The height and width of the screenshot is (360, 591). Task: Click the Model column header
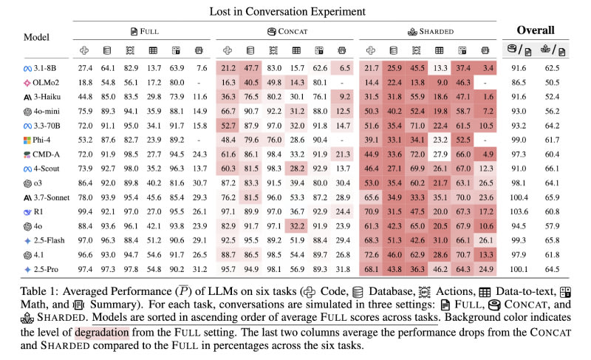click(35, 36)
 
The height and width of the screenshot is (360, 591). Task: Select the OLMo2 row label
click(43, 83)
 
